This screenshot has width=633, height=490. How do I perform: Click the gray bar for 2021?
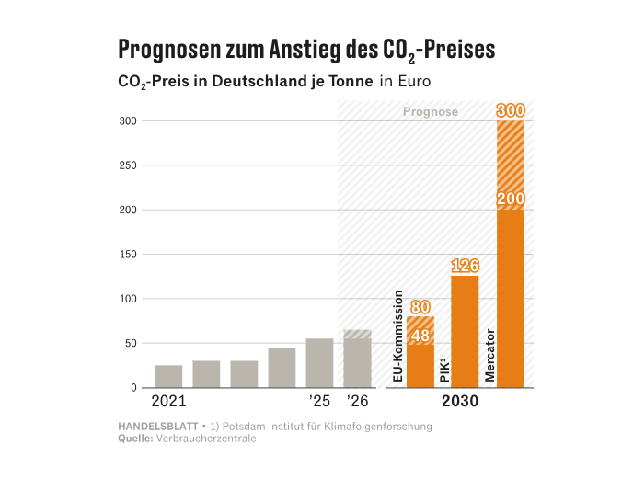pyautogui.click(x=168, y=376)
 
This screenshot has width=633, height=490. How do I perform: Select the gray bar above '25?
pyautogui.click(x=319, y=363)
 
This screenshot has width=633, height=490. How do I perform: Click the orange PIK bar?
pyautogui.click(x=465, y=331)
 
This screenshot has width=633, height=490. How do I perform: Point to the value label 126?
pyautogui.click(x=465, y=266)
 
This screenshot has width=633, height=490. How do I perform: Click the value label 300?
pyautogui.click(x=511, y=110)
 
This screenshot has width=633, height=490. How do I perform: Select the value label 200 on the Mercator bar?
pyautogui.click(x=511, y=199)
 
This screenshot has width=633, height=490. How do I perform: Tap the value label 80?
pyautogui.click(x=420, y=307)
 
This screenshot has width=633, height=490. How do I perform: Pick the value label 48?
pyautogui.click(x=420, y=336)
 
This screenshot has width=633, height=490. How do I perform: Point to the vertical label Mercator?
pyautogui.click(x=489, y=355)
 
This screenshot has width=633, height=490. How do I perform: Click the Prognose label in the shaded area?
pyautogui.click(x=431, y=112)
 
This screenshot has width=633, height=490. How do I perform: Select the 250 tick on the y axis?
pyautogui.click(x=127, y=165)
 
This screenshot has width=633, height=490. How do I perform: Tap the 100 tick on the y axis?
pyautogui.click(x=127, y=299)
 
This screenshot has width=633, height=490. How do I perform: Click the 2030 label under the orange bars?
pyautogui.click(x=460, y=402)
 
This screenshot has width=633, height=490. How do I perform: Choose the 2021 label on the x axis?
pyautogui.click(x=168, y=402)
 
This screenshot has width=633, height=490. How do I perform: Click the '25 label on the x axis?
pyautogui.click(x=319, y=402)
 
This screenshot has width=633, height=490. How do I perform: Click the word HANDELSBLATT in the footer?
pyautogui.click(x=158, y=427)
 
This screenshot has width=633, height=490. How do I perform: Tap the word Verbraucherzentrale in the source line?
pyautogui.click(x=207, y=439)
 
